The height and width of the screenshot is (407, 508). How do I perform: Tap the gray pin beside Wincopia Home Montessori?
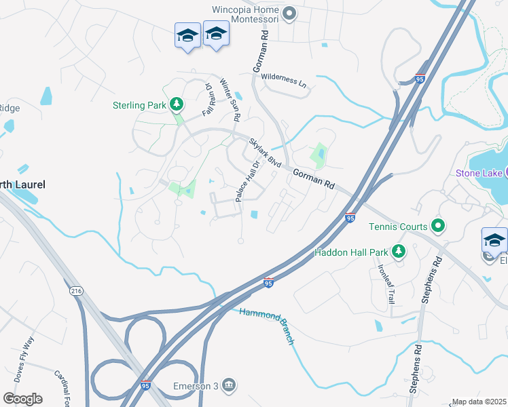coord(290,14)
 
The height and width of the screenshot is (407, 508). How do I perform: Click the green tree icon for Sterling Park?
coord(176,104)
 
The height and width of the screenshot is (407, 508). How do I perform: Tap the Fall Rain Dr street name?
coord(208,98)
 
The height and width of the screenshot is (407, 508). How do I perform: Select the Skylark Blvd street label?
coord(265,154)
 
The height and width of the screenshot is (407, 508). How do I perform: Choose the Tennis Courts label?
coord(398,227)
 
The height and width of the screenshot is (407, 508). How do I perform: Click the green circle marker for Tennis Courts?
coord(438,226)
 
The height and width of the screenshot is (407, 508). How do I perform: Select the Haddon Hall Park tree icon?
coord(398,252)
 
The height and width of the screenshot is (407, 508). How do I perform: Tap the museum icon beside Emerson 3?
coord(229,386)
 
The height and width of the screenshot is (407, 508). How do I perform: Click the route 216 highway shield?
coord(75,291)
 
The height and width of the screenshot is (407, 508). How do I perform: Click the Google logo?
coord(22,399)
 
